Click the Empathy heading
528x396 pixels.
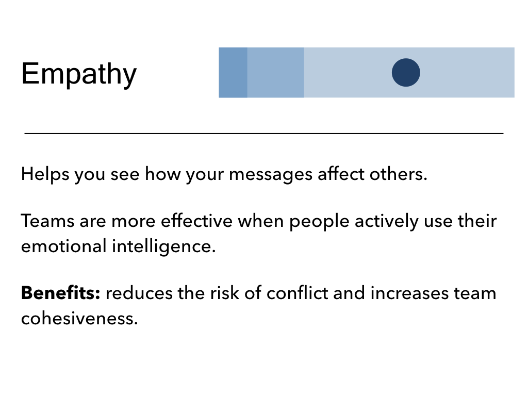click(79, 74)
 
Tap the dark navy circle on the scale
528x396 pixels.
click(406, 72)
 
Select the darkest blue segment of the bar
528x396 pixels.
click(233, 72)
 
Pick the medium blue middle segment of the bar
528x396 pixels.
click(276, 72)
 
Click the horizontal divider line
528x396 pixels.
click(264, 134)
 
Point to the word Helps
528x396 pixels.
click(45, 174)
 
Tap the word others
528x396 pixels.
click(399, 174)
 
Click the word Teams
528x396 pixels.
click(47, 221)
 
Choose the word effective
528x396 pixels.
click(196, 221)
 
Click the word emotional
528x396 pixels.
click(63, 246)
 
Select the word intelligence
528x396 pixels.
click(163, 246)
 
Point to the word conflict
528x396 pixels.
click(298, 293)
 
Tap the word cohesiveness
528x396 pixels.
click(79, 318)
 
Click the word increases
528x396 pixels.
click(409, 293)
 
